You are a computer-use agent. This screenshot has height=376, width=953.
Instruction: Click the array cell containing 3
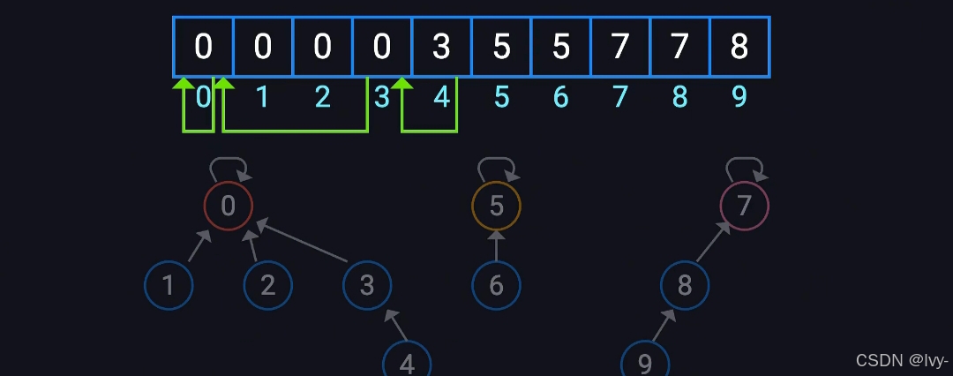tap(441, 47)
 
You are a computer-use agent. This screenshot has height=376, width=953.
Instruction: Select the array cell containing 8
tap(739, 47)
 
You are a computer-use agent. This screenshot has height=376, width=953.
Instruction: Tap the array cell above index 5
tap(501, 47)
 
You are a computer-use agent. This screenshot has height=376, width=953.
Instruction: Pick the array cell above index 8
tap(679, 47)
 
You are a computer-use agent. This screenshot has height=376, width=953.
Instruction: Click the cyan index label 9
tap(739, 96)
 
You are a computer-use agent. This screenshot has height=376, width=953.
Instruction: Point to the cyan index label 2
tap(322, 96)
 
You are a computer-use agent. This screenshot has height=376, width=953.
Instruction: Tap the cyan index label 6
tap(560, 96)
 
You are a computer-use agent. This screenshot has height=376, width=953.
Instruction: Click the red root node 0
tap(229, 206)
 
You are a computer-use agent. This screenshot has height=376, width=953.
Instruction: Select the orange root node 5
tap(497, 206)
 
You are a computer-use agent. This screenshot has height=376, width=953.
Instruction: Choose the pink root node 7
tap(744, 206)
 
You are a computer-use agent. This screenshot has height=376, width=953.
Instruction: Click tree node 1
tap(169, 285)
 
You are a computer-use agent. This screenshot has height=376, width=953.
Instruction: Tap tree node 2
tap(268, 285)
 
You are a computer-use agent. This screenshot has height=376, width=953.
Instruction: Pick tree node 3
tap(367, 285)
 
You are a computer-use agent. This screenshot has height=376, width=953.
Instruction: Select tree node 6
tap(496, 285)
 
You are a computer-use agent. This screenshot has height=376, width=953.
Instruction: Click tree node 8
tap(685, 285)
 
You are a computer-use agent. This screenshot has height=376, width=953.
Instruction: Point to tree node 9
tap(644, 363)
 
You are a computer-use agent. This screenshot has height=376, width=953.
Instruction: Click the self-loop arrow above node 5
tap(497, 165)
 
